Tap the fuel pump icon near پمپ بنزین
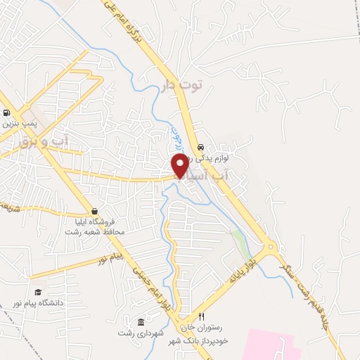6,112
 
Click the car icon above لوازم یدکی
202,148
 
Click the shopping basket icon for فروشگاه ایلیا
94,211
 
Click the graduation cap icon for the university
37,292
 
